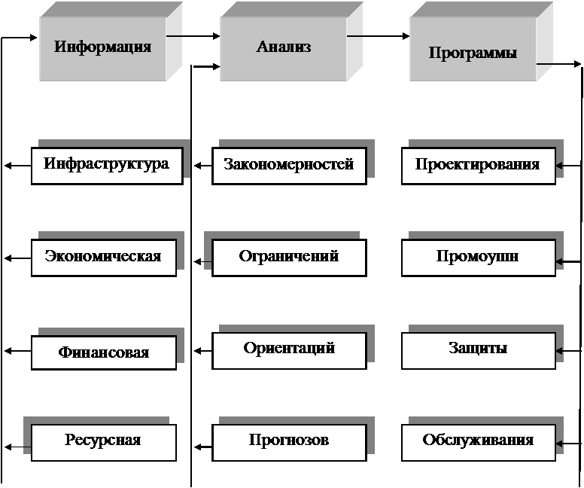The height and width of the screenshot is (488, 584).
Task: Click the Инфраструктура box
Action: click(107, 166)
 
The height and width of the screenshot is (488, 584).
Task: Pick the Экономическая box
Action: click(104, 258)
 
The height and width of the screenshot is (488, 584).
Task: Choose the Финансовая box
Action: click(104, 352)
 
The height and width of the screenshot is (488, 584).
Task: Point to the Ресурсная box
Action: click(104, 443)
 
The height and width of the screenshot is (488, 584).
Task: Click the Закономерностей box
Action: click(289, 166)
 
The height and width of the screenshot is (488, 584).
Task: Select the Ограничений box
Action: click(289, 258)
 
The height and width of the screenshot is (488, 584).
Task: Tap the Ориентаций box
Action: click(289, 350)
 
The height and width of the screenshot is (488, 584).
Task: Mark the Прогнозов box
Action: click(289, 443)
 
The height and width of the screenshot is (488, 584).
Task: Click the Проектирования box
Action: click(478, 166)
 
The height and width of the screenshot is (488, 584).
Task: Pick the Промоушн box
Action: click(478, 258)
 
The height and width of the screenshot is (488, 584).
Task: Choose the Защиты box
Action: click(478, 350)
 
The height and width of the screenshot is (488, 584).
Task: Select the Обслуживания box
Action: click(478, 443)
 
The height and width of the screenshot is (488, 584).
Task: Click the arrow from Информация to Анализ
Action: click(193, 36)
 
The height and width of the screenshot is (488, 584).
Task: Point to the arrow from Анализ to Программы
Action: click(378, 36)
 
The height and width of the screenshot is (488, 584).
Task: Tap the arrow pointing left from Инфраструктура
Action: click(18, 166)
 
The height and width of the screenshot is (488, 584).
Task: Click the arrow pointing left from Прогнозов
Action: click(203, 447)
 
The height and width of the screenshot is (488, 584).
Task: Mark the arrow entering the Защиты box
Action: click(568, 351)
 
